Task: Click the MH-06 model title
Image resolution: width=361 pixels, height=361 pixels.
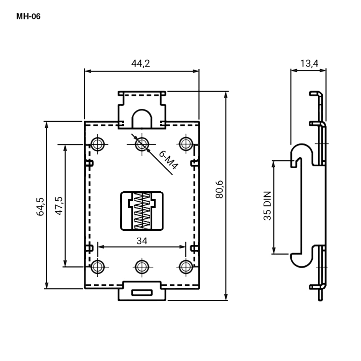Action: point(28,16)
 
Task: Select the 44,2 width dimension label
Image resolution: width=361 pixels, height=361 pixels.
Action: point(140,63)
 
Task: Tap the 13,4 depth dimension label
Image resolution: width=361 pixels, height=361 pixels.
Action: point(309,63)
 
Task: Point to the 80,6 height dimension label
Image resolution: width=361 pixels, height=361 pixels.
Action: point(219,189)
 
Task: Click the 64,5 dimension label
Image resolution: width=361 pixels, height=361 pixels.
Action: point(40,206)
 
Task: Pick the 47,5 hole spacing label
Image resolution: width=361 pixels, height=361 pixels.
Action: point(59,206)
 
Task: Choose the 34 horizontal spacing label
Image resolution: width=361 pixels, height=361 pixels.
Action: point(142,241)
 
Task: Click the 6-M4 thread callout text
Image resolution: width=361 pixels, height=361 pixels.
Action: point(169,160)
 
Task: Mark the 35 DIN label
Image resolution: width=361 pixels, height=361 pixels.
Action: point(267,206)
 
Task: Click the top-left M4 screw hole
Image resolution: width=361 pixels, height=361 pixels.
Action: point(97,144)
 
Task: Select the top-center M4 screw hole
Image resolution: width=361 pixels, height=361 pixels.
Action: point(142,144)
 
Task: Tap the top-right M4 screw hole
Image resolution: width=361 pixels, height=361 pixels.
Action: point(186,144)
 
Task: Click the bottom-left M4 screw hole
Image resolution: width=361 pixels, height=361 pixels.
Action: point(97,267)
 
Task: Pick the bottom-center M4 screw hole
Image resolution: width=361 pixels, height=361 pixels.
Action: point(142,267)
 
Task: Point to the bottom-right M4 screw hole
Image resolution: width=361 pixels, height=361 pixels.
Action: point(186,267)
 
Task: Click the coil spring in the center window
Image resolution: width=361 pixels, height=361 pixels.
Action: point(142,211)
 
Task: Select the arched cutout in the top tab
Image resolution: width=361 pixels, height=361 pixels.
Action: point(142,110)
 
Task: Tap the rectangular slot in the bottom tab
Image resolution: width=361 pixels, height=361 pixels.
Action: point(142,293)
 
